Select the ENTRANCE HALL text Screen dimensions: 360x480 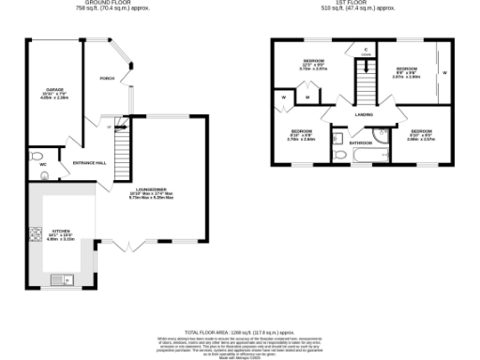point(90,163)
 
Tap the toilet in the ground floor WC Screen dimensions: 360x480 point(34,156)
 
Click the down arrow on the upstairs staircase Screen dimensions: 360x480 point(365,67)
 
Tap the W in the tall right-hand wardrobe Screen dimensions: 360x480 point(444,70)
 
